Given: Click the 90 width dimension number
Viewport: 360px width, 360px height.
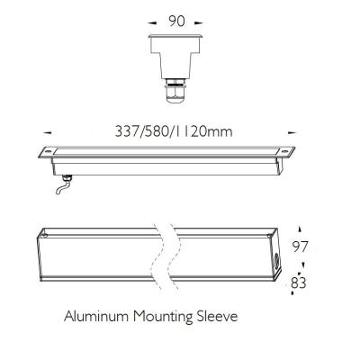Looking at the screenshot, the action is tap(176, 21).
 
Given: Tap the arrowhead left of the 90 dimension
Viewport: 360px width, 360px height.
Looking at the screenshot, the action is tap(152, 22).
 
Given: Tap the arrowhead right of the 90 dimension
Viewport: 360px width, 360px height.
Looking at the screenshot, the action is tap(199, 22).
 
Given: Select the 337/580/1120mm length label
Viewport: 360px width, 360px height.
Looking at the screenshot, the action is tap(174, 131).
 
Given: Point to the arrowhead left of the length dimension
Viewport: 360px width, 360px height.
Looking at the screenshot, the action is tap(48, 132).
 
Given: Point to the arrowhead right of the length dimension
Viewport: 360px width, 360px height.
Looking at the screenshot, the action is tap(292, 132).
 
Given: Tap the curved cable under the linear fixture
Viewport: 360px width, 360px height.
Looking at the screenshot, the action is tap(62, 186).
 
